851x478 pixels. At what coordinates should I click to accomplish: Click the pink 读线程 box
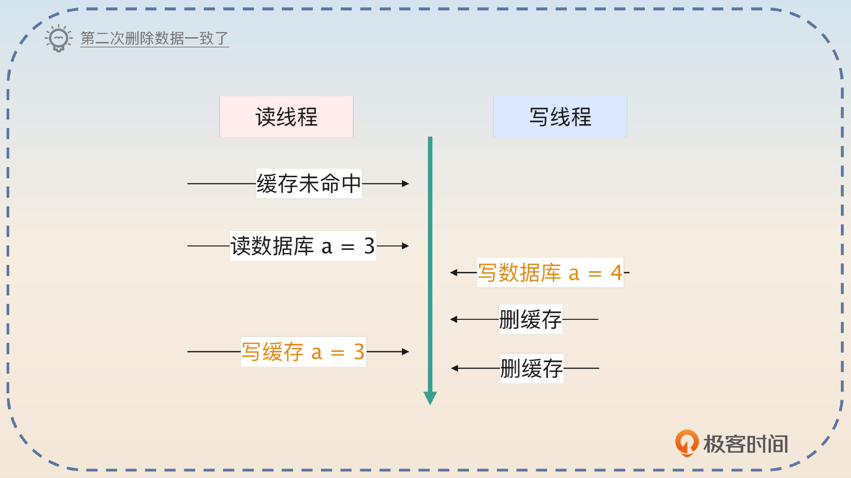tap(286, 117)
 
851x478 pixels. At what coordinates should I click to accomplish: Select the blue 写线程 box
tap(560, 117)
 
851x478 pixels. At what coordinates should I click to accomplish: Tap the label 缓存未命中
tap(309, 183)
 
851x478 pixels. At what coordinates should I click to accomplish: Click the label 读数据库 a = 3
tap(303, 246)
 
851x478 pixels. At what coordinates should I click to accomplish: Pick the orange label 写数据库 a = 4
tap(550, 273)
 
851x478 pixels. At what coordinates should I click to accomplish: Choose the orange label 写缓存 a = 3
tap(303, 352)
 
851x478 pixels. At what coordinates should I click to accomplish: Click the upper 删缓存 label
tap(530, 319)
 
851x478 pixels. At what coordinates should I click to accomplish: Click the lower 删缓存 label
tap(531, 368)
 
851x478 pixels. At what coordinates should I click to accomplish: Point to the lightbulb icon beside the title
tap(59, 39)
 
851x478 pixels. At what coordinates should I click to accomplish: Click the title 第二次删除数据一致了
tap(154, 39)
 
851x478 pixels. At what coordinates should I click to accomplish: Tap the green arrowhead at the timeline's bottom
tap(430, 397)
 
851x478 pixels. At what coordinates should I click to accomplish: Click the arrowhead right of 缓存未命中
tap(405, 183)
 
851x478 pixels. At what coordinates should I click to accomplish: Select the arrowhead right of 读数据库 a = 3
tap(405, 246)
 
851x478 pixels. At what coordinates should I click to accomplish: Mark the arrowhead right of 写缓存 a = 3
tap(405, 352)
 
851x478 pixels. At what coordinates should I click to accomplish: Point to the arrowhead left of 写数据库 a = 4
tap(454, 273)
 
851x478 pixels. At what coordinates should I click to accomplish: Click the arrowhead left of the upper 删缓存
tap(454, 319)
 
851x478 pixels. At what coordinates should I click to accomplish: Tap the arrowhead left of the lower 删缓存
tap(455, 368)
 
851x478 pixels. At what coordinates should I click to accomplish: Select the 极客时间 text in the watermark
tap(746, 444)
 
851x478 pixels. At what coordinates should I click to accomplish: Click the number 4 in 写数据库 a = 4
tap(616, 273)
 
